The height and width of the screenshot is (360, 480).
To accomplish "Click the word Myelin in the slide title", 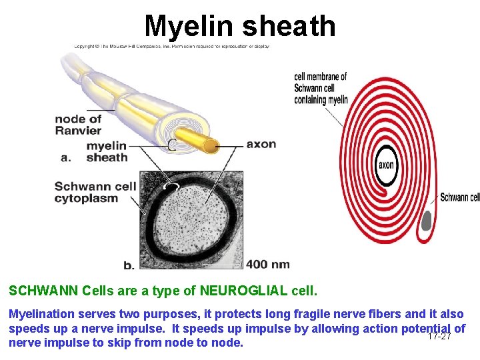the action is [x=189, y=26].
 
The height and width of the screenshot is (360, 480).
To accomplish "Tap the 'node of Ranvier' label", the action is [x=78, y=125].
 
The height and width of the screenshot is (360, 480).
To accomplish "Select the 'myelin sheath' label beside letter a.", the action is [x=107, y=151].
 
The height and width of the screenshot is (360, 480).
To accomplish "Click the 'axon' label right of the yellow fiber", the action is [x=261, y=144].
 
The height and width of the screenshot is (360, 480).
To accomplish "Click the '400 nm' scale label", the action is [x=267, y=265].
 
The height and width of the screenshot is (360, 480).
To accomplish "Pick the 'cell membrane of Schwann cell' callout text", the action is [x=320, y=88].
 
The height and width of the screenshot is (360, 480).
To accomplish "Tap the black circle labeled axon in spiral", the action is [x=386, y=165].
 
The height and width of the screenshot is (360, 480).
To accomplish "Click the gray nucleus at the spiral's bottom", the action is [x=427, y=220].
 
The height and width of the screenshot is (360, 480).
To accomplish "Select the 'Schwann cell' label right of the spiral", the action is [x=459, y=197].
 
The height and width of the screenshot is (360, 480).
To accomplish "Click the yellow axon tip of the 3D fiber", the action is [x=211, y=145].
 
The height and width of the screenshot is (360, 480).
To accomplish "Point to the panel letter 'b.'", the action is [x=128, y=265].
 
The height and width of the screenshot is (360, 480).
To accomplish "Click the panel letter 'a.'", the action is [x=66, y=158].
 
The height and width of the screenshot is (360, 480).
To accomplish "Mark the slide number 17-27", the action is [x=439, y=336].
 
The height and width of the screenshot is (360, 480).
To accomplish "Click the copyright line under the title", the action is [x=171, y=47].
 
